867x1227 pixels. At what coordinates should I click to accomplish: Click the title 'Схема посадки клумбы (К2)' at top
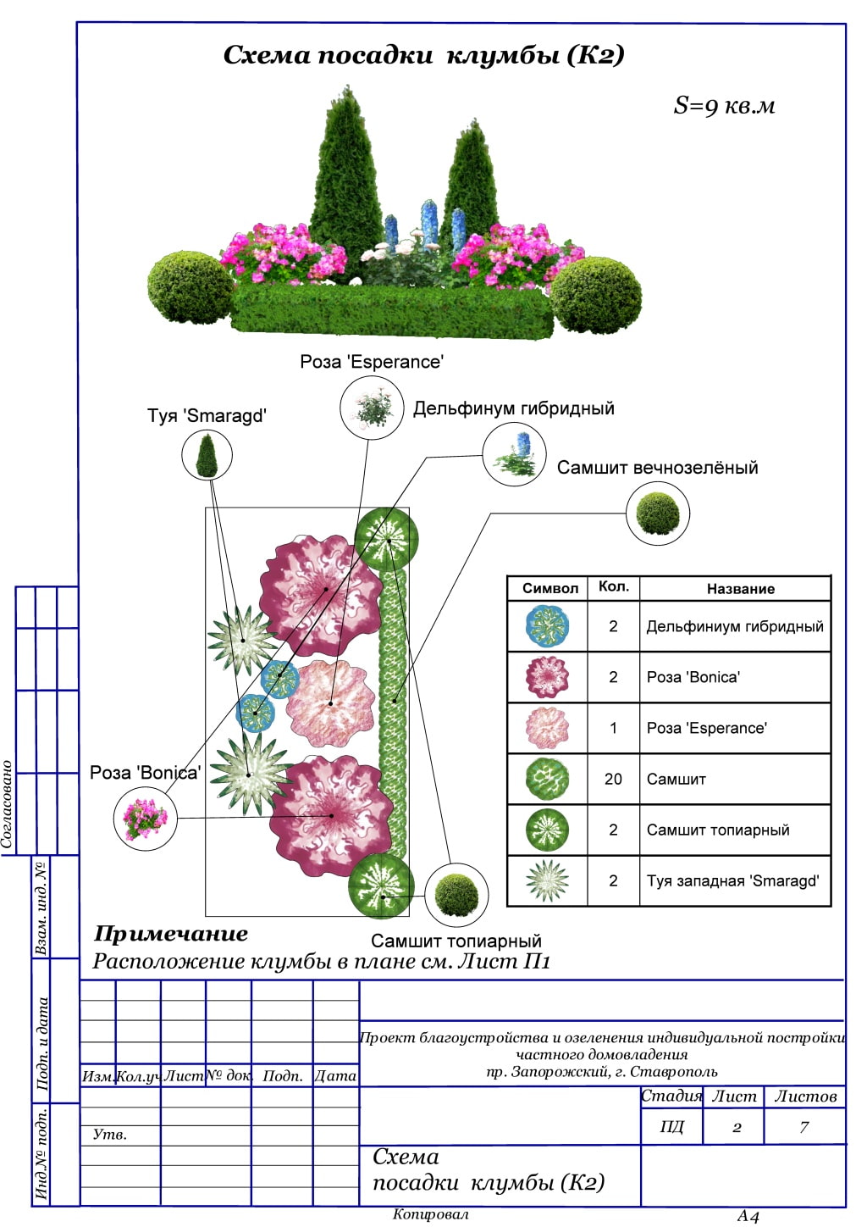[423, 56]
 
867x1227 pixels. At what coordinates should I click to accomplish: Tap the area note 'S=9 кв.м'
[724, 106]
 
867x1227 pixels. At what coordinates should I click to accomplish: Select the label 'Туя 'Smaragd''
[207, 415]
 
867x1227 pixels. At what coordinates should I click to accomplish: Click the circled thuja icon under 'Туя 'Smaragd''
[207, 455]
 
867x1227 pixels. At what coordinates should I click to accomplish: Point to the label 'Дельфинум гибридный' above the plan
[513, 408]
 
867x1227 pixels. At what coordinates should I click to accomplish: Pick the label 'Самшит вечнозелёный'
[657, 468]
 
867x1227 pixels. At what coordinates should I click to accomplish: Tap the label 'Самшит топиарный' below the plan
[456, 941]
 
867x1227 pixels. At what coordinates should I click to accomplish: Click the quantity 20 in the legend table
[613, 779]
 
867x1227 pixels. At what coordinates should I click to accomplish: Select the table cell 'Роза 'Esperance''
[706, 728]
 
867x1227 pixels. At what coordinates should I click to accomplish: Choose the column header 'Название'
[740, 589]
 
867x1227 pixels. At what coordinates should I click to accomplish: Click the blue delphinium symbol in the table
[547, 626]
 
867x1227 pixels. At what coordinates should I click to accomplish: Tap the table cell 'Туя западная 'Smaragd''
[732, 880]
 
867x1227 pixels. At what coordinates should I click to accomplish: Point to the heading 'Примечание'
[171, 934]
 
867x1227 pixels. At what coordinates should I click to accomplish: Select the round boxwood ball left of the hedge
[190, 287]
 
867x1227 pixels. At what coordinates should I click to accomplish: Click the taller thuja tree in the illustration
[345, 182]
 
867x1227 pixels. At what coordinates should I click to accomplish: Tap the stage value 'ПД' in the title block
[671, 1127]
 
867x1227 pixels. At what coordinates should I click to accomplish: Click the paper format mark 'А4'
[748, 1217]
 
